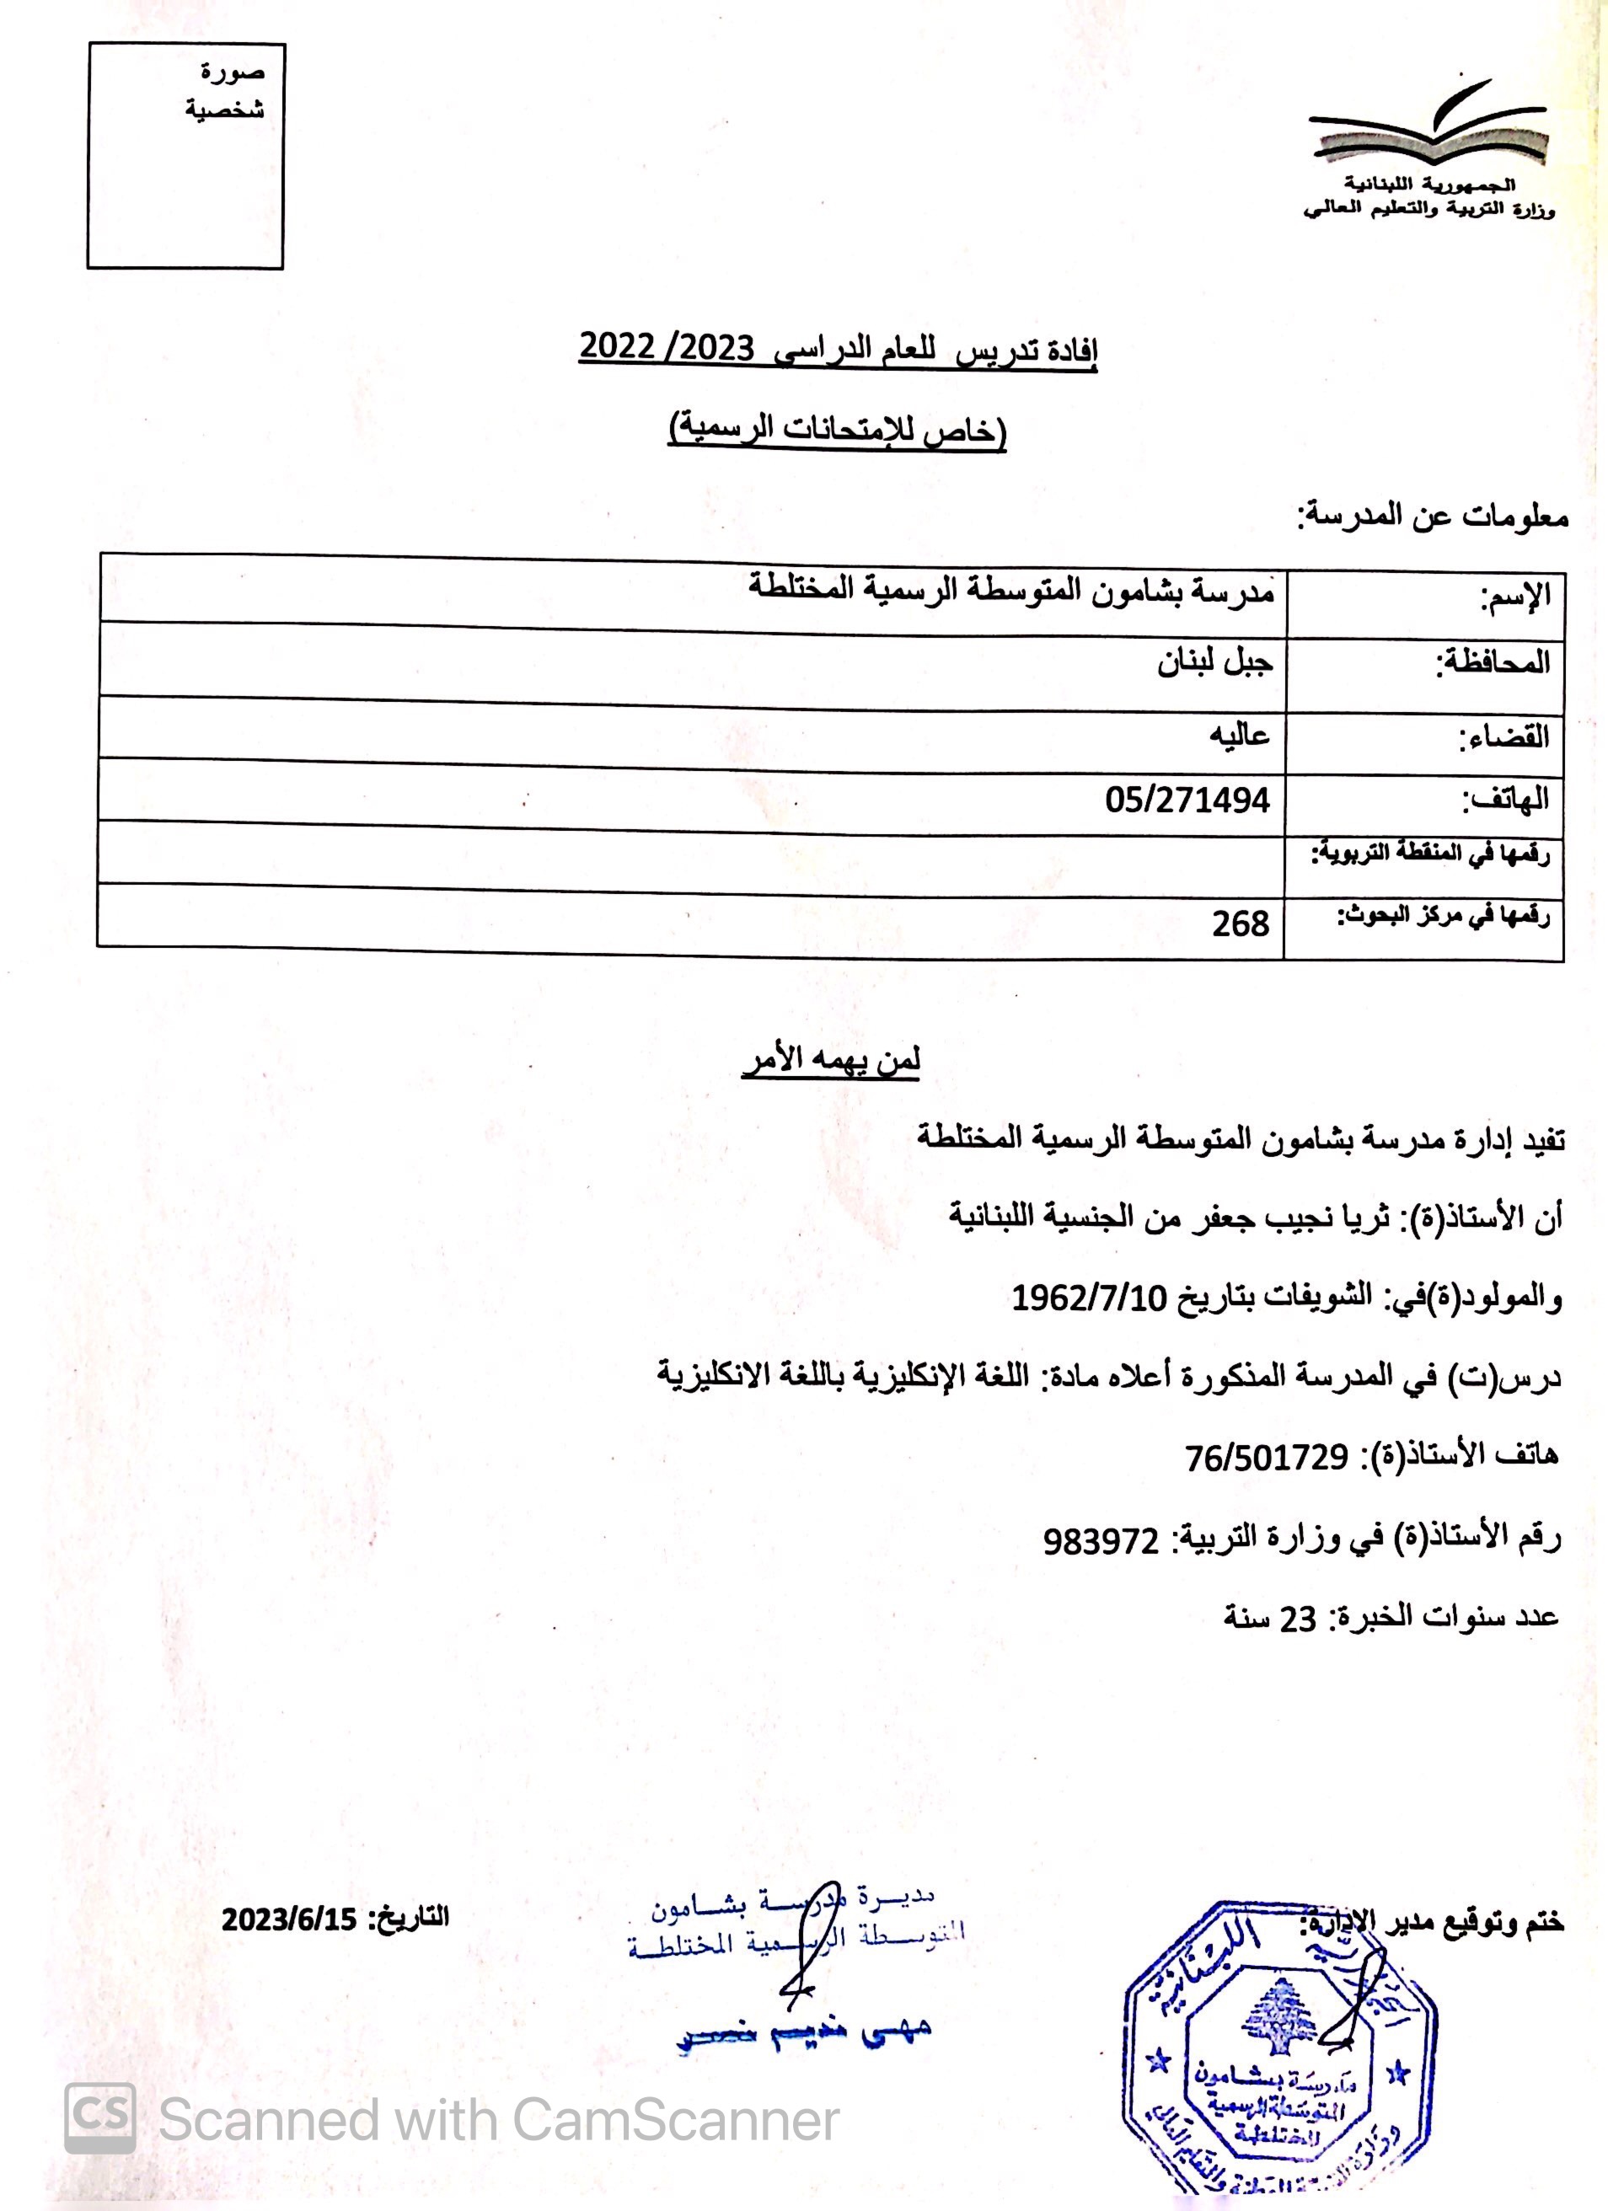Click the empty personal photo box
pyautogui.click(x=185, y=156)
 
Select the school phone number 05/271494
pyautogui.click(x=1187, y=800)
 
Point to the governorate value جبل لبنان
pyautogui.click(x=1215, y=663)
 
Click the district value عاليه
pyautogui.click(x=1240, y=734)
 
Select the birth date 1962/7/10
pyautogui.click(x=1089, y=1298)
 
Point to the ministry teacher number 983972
pyautogui.click(x=1101, y=1541)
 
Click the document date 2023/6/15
pyautogui.click(x=290, y=1919)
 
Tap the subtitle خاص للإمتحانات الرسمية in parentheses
pyautogui.click(x=837, y=430)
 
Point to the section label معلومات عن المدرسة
pyautogui.click(x=1432, y=515)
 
